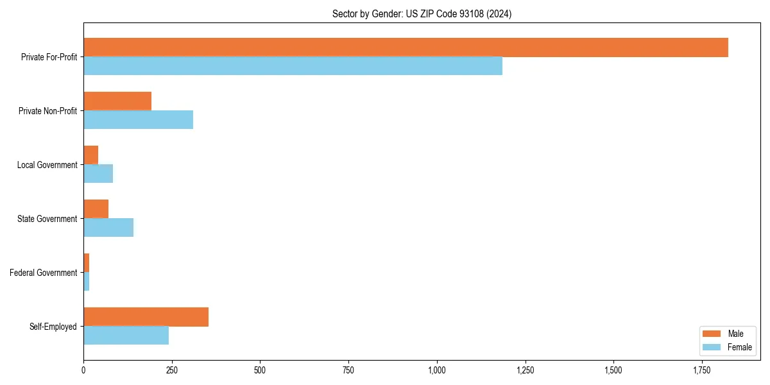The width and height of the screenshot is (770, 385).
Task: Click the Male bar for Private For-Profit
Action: pyautogui.click(x=406, y=47)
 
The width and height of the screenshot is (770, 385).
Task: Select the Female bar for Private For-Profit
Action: pyautogui.click(x=293, y=66)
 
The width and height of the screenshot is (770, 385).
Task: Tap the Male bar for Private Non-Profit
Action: pyautogui.click(x=117, y=101)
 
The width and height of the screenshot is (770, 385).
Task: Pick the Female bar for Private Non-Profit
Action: pyautogui.click(x=138, y=120)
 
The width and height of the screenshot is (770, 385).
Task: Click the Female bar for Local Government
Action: pyautogui.click(x=98, y=174)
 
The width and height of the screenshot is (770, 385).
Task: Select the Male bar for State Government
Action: pyautogui.click(x=96, y=209)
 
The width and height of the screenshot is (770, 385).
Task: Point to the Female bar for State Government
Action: pyautogui.click(x=108, y=228)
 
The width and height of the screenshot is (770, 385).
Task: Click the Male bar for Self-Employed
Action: pyautogui.click(x=146, y=317)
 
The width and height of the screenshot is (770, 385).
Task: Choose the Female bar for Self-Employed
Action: pyautogui.click(x=126, y=336)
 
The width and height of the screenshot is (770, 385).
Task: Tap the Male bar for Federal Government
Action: pyautogui.click(x=87, y=263)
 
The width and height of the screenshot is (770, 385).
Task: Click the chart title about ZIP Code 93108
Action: pyautogui.click(x=422, y=13)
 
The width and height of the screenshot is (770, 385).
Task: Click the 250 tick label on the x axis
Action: pyautogui.click(x=171, y=370)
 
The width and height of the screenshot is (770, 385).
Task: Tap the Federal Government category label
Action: pyautogui.click(x=44, y=273)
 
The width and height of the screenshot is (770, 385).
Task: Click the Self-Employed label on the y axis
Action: pyautogui.click(x=53, y=327)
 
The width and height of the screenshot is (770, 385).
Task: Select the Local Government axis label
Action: pyautogui.click(x=47, y=165)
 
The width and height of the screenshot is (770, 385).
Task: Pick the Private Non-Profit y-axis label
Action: pyautogui.click(x=47, y=111)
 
